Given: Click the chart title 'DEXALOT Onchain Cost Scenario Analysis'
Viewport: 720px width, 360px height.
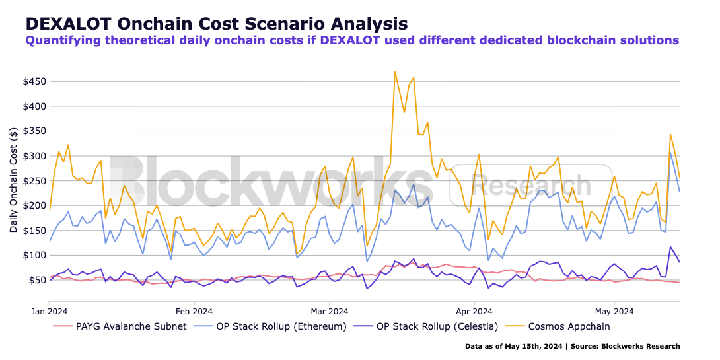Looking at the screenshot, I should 216,24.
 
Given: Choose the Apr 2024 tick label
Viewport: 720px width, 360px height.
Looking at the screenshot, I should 474,310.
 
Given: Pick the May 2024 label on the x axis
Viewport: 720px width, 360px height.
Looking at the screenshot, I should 614,310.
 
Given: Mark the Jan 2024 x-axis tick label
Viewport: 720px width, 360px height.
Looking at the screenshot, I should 50,310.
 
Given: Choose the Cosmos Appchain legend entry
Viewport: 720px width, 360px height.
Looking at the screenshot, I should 569,326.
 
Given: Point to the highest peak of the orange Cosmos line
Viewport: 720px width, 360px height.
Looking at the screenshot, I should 395,71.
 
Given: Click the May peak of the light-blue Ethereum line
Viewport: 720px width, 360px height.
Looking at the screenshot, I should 670,153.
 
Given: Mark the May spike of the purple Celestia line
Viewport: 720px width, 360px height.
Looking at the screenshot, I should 670,247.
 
